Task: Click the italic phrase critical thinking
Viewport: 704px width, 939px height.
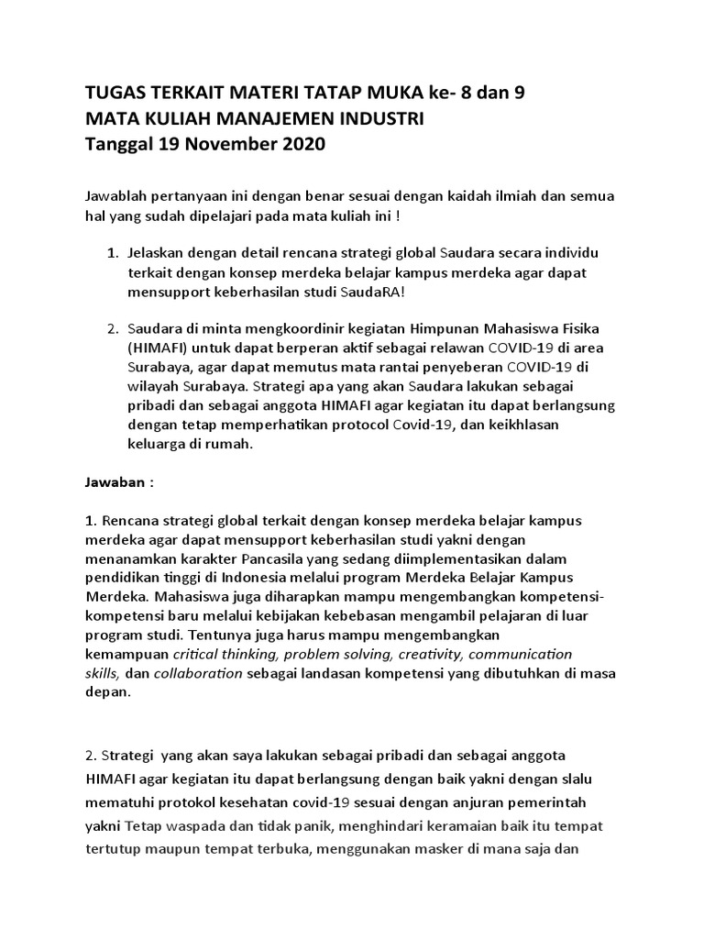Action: click(x=225, y=654)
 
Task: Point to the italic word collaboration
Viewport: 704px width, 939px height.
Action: click(x=198, y=673)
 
